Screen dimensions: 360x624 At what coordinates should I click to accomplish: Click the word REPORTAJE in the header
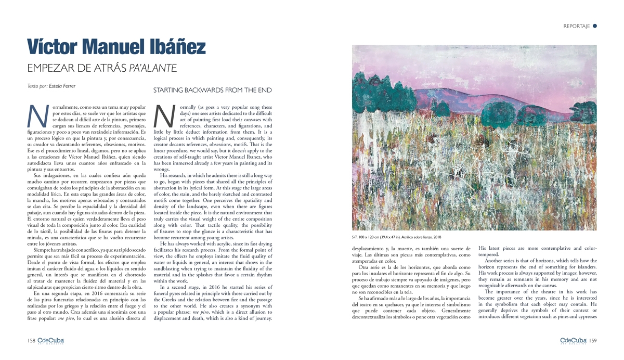[x=577, y=26]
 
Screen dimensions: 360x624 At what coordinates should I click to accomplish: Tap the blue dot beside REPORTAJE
[x=594, y=25]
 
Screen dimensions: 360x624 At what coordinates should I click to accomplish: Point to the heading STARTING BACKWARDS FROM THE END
[x=213, y=91]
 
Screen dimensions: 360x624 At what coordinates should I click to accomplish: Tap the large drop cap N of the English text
[x=165, y=116]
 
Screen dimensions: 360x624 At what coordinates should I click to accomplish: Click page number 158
[x=31, y=341]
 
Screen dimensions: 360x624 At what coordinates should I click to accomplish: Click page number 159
[x=592, y=341]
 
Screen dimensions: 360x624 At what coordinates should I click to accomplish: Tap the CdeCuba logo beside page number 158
[x=50, y=341]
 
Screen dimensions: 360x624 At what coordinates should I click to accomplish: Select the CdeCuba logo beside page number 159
[x=573, y=341]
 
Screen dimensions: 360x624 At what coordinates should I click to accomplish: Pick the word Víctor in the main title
[x=54, y=47]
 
